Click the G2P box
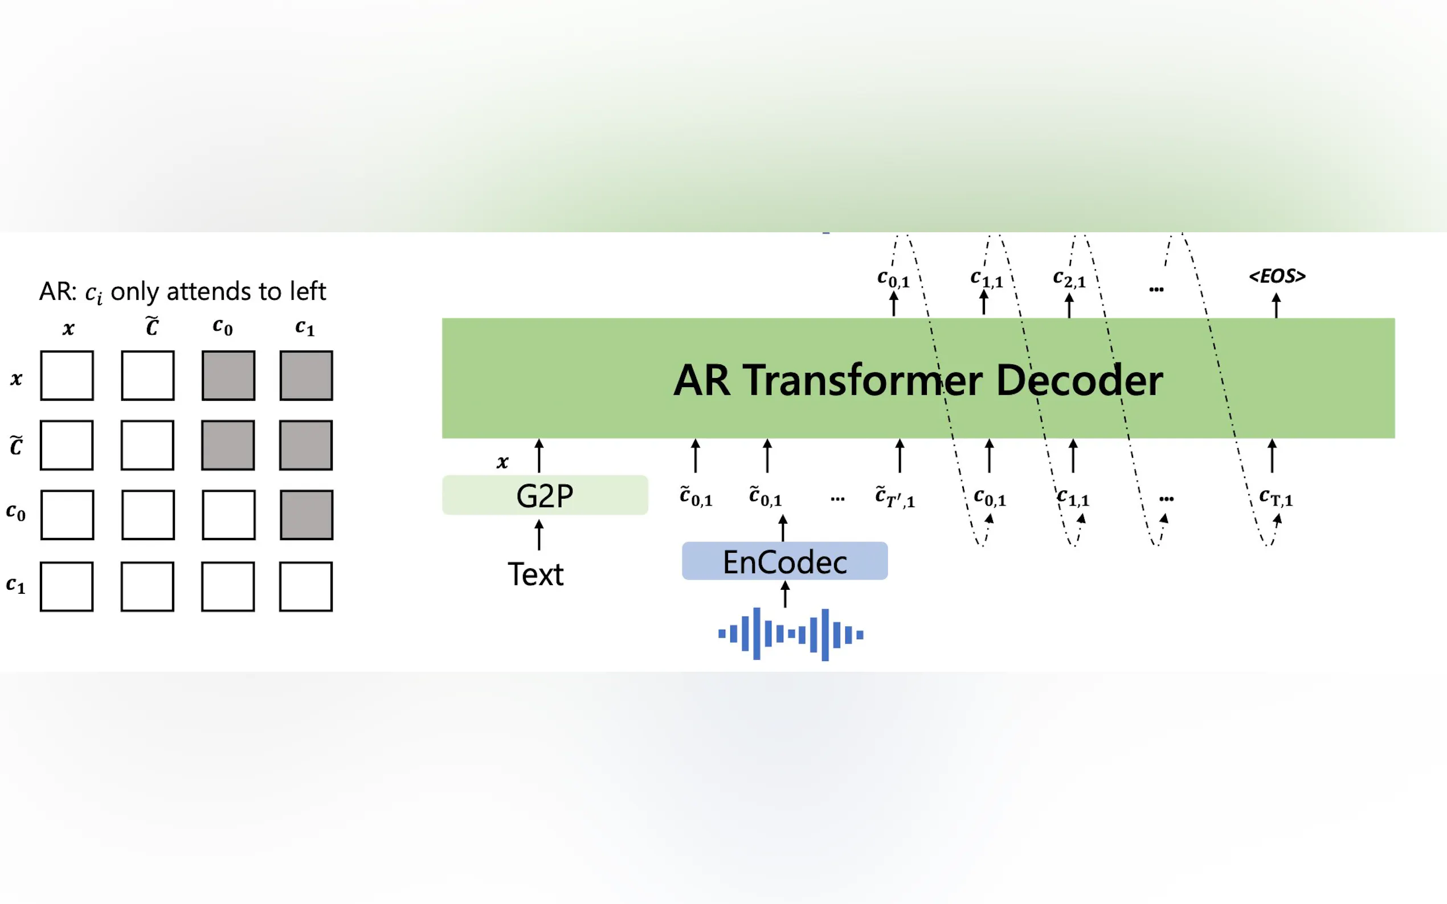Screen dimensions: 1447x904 pyautogui.click(x=545, y=495)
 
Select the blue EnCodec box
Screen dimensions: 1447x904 pyautogui.click(x=785, y=561)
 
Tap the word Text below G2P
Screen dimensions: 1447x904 pyautogui.click(x=536, y=574)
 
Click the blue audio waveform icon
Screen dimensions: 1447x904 pyautogui.click(x=791, y=634)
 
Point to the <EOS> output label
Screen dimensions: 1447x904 pyautogui.click(x=1277, y=276)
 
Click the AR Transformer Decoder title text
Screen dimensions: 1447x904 pyautogui.click(x=918, y=380)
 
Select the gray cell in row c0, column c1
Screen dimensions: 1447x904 pyautogui.click(x=306, y=515)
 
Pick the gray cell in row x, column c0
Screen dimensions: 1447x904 pyautogui.click(x=228, y=376)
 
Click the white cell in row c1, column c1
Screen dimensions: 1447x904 pyautogui.click(x=306, y=586)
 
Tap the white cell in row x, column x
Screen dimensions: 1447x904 pyautogui.click(x=67, y=376)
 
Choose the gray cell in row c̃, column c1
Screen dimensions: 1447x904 pyautogui.click(x=306, y=445)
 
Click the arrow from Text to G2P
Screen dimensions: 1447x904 pyautogui.click(x=539, y=535)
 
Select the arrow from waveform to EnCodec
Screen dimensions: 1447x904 pyautogui.click(x=786, y=594)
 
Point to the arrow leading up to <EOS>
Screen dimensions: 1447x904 pyautogui.click(x=1277, y=305)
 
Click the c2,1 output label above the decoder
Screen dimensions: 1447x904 pyautogui.click(x=1069, y=278)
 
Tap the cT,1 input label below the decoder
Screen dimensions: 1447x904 pyautogui.click(x=1276, y=498)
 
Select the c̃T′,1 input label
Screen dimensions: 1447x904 pyautogui.click(x=895, y=497)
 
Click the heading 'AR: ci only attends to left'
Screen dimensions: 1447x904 pyautogui.click(x=182, y=292)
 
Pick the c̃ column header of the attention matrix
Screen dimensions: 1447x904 pyautogui.click(x=152, y=326)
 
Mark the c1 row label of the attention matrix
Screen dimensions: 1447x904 pyautogui.click(x=15, y=585)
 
